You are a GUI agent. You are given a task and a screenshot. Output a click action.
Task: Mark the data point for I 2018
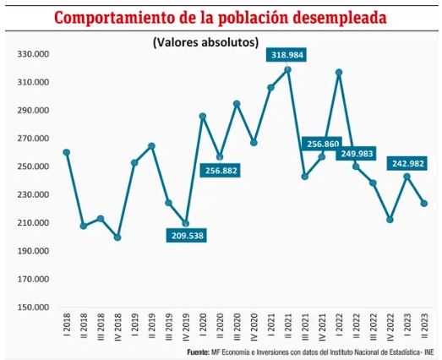pyautogui.click(x=67, y=152)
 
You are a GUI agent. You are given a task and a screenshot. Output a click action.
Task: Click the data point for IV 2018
pyautogui.click(x=117, y=237)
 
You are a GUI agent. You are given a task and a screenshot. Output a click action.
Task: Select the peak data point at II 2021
pyautogui.click(x=288, y=69)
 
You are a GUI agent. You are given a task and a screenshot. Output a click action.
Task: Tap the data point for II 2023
pyautogui.click(x=424, y=203)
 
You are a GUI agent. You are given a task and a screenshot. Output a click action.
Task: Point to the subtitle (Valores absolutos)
pyautogui.click(x=205, y=42)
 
